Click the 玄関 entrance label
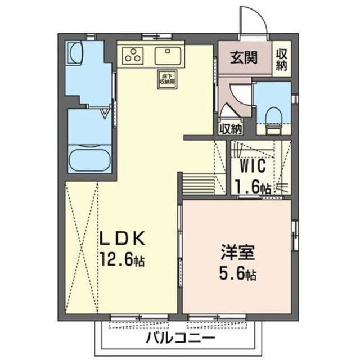(x=243, y=58)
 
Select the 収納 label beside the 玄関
(x=281, y=59)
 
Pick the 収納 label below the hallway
(x=231, y=128)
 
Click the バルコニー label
(x=180, y=339)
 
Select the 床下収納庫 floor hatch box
(x=165, y=79)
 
